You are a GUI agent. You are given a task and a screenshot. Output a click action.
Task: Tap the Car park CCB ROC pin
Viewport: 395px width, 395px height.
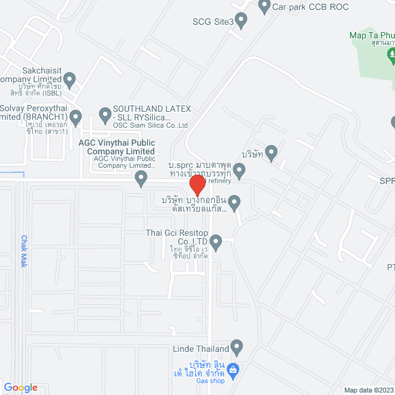[x=264, y=7]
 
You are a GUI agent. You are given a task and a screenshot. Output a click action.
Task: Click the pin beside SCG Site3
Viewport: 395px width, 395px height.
[x=241, y=21]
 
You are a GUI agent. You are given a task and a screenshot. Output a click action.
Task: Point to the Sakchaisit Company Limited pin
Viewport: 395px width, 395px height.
[x=70, y=79]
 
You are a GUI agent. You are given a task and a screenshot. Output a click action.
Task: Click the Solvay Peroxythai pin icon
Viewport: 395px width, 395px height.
[x=76, y=115]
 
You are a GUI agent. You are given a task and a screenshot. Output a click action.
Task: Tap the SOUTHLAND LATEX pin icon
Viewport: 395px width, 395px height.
[x=105, y=114]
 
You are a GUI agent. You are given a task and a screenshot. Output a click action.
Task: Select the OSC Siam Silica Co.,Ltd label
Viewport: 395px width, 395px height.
[x=148, y=125]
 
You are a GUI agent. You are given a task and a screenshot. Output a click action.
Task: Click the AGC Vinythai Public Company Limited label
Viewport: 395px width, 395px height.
[x=117, y=147]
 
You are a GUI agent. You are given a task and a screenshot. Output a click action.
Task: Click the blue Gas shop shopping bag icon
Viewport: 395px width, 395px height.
[x=233, y=371]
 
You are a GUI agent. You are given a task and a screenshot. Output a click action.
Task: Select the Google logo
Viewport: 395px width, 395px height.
[x=20, y=387]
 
